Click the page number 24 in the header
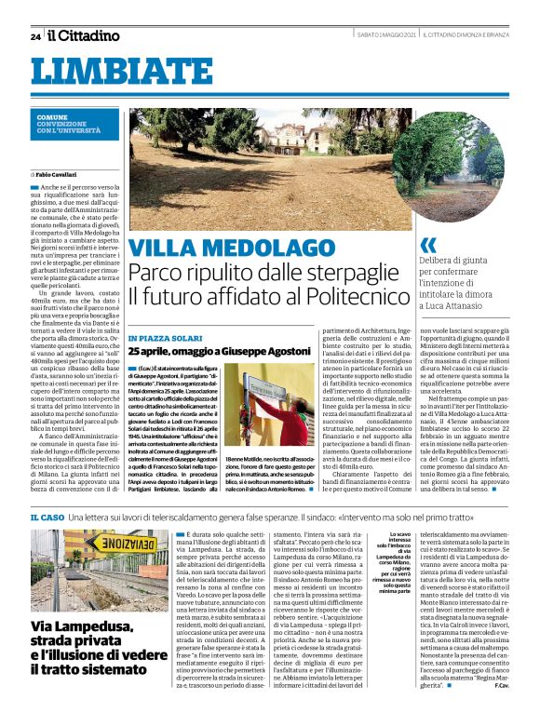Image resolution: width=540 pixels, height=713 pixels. pos(35,35)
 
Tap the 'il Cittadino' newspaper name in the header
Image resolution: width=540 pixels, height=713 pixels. pos(84,35)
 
